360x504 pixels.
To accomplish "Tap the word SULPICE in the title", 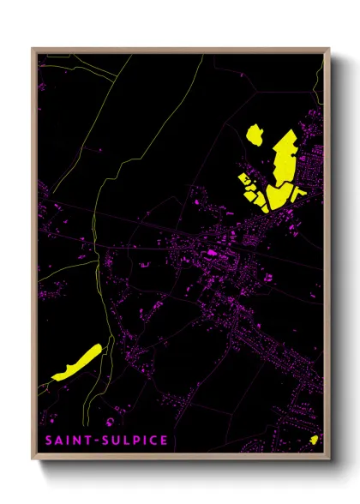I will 135,441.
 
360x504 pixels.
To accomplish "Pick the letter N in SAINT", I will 78,441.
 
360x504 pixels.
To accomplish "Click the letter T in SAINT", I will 89,441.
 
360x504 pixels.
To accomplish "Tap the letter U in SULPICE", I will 118,441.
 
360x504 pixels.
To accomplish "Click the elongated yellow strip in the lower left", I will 76,362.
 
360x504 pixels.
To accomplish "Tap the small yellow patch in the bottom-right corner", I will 315,440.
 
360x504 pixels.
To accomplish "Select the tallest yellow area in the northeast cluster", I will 282,159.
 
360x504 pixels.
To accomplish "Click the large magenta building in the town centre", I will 212,254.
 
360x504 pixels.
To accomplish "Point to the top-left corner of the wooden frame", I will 33,49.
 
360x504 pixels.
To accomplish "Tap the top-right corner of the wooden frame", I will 329,49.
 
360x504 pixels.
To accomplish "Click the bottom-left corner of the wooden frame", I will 33,464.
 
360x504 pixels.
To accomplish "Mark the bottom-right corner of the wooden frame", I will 329,464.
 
